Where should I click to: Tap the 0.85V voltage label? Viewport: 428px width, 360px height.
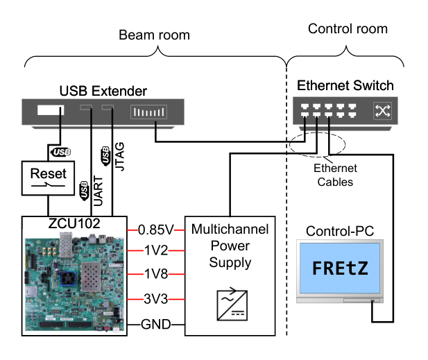point(155,230)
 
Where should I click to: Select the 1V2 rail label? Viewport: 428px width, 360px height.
point(156,250)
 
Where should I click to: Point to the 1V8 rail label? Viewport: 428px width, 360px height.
point(156,274)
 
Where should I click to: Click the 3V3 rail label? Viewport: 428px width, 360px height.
point(156,299)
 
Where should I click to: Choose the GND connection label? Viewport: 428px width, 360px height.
point(156,325)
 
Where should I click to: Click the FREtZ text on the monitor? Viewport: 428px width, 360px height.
point(340,268)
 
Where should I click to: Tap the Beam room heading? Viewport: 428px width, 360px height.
point(154,35)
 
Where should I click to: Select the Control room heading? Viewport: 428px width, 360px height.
point(348,28)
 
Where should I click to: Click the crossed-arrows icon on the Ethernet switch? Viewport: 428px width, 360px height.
point(382,111)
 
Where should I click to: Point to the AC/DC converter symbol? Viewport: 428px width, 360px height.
point(232,304)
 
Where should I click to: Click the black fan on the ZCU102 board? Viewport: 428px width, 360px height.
point(67,278)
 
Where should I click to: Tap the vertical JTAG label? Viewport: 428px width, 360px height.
point(119,157)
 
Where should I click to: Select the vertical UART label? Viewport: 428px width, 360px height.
point(98,191)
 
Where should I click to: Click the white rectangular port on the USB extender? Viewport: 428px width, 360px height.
point(51,110)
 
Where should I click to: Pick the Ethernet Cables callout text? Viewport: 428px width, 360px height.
point(335,175)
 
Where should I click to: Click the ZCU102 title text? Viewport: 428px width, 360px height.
point(74,223)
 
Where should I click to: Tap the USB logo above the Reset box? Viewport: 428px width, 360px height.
point(61,152)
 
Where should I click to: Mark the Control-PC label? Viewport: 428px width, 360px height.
point(340,231)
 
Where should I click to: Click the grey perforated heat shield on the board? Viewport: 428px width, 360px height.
point(91,276)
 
